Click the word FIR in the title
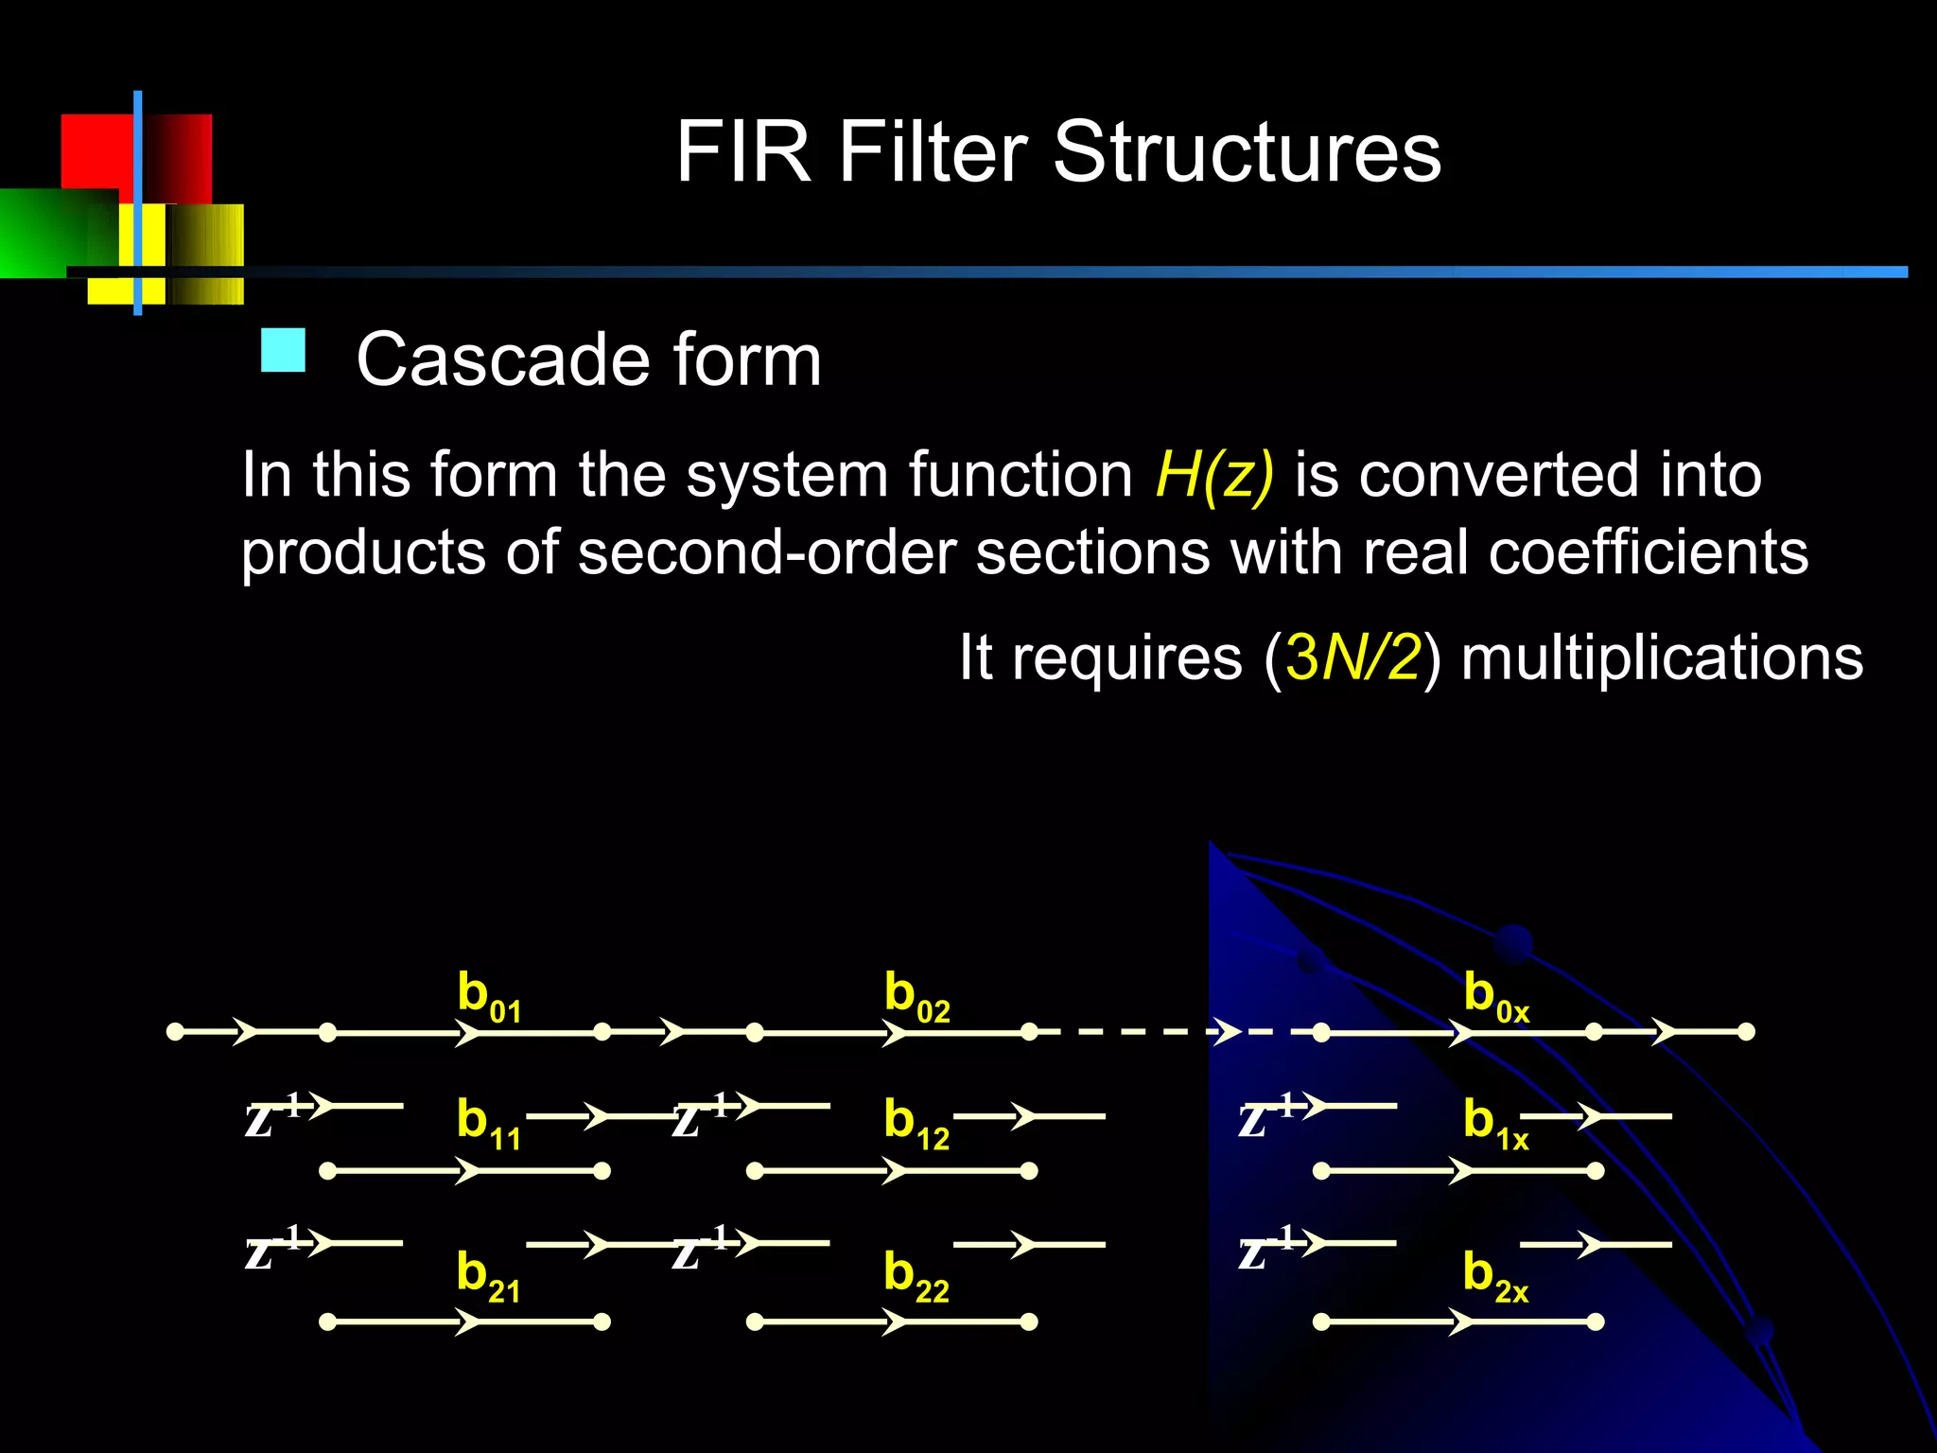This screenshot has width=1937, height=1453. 743,152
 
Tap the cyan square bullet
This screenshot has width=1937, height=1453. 283,350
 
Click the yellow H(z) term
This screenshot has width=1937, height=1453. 1214,475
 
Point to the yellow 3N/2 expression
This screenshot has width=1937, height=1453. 1352,657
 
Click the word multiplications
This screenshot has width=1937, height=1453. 1662,657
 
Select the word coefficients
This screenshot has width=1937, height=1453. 1648,552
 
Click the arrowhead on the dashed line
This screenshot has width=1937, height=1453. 1227,1031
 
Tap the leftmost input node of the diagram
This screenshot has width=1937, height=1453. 175,1031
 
